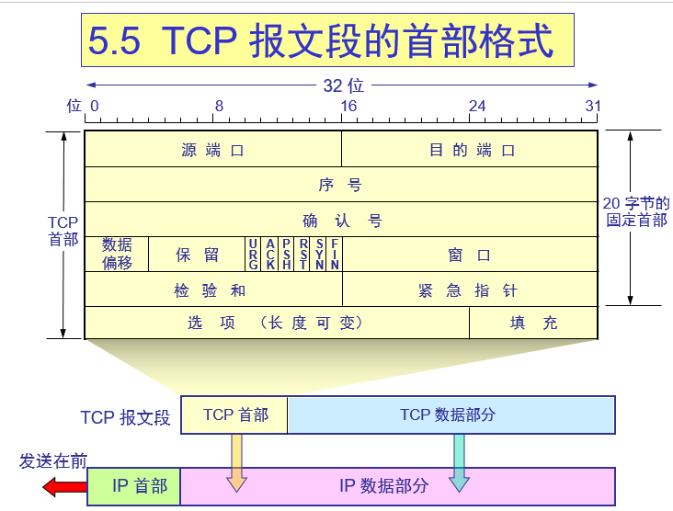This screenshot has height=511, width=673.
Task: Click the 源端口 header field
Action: click(212, 150)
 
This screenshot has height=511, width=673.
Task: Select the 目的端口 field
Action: click(471, 150)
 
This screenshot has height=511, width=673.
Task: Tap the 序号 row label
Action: click(341, 185)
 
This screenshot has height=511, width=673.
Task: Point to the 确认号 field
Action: click(341, 221)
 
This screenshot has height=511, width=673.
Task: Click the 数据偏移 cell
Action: click(117, 254)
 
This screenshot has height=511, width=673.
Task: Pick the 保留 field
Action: click(197, 255)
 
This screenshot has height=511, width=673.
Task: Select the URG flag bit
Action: click(253, 254)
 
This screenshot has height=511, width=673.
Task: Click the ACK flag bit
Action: click(270, 254)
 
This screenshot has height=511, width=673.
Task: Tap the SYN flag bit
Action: click(319, 254)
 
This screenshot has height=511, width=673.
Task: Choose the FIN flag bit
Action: click(336, 254)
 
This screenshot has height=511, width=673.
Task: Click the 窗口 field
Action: click(471, 255)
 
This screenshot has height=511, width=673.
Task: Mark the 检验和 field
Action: click(212, 290)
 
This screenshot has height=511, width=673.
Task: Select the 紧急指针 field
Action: click(471, 290)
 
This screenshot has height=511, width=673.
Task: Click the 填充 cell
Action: click(534, 323)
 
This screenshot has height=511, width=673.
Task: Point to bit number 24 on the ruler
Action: click(476, 107)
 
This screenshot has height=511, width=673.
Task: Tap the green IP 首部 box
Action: click(134, 485)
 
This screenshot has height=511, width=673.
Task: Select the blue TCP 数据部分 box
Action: click(451, 414)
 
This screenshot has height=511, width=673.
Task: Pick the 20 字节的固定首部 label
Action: click(635, 212)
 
